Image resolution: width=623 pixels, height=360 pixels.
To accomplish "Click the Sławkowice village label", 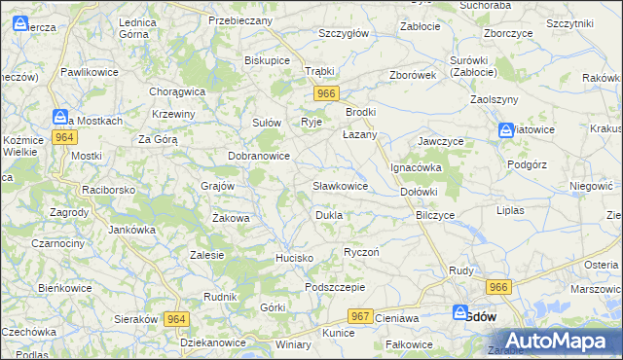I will pyautogui.click(x=340, y=185).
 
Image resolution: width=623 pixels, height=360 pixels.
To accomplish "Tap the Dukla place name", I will pyautogui.click(x=328, y=214).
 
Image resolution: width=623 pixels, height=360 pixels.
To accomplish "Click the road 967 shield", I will pyautogui.click(x=360, y=317).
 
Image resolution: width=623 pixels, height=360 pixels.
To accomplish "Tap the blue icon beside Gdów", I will pyautogui.click(x=460, y=313).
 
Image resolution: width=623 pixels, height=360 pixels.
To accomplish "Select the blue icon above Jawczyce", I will pyautogui.click(x=506, y=130).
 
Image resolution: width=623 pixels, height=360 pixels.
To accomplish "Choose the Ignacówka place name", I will pyautogui.click(x=417, y=167).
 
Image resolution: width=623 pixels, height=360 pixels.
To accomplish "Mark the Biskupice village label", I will pyautogui.click(x=267, y=59).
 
